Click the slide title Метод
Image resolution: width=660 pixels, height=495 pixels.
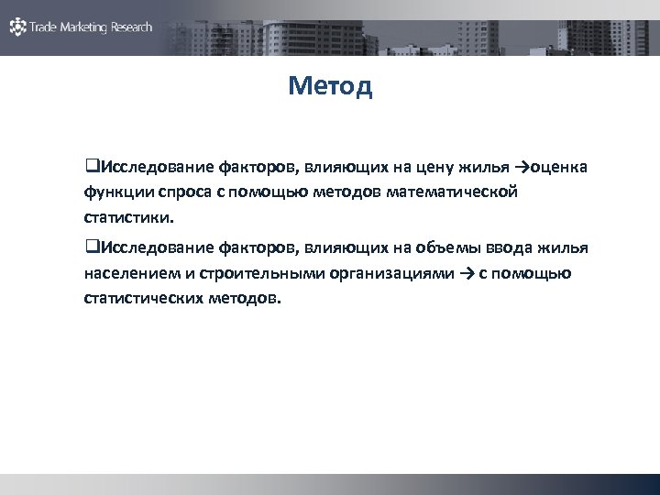pos(329,86)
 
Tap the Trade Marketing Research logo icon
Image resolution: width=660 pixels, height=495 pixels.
pos(17,27)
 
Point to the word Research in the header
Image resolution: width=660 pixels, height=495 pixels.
pos(131,27)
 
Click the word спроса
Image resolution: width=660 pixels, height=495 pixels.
pos(185,193)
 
